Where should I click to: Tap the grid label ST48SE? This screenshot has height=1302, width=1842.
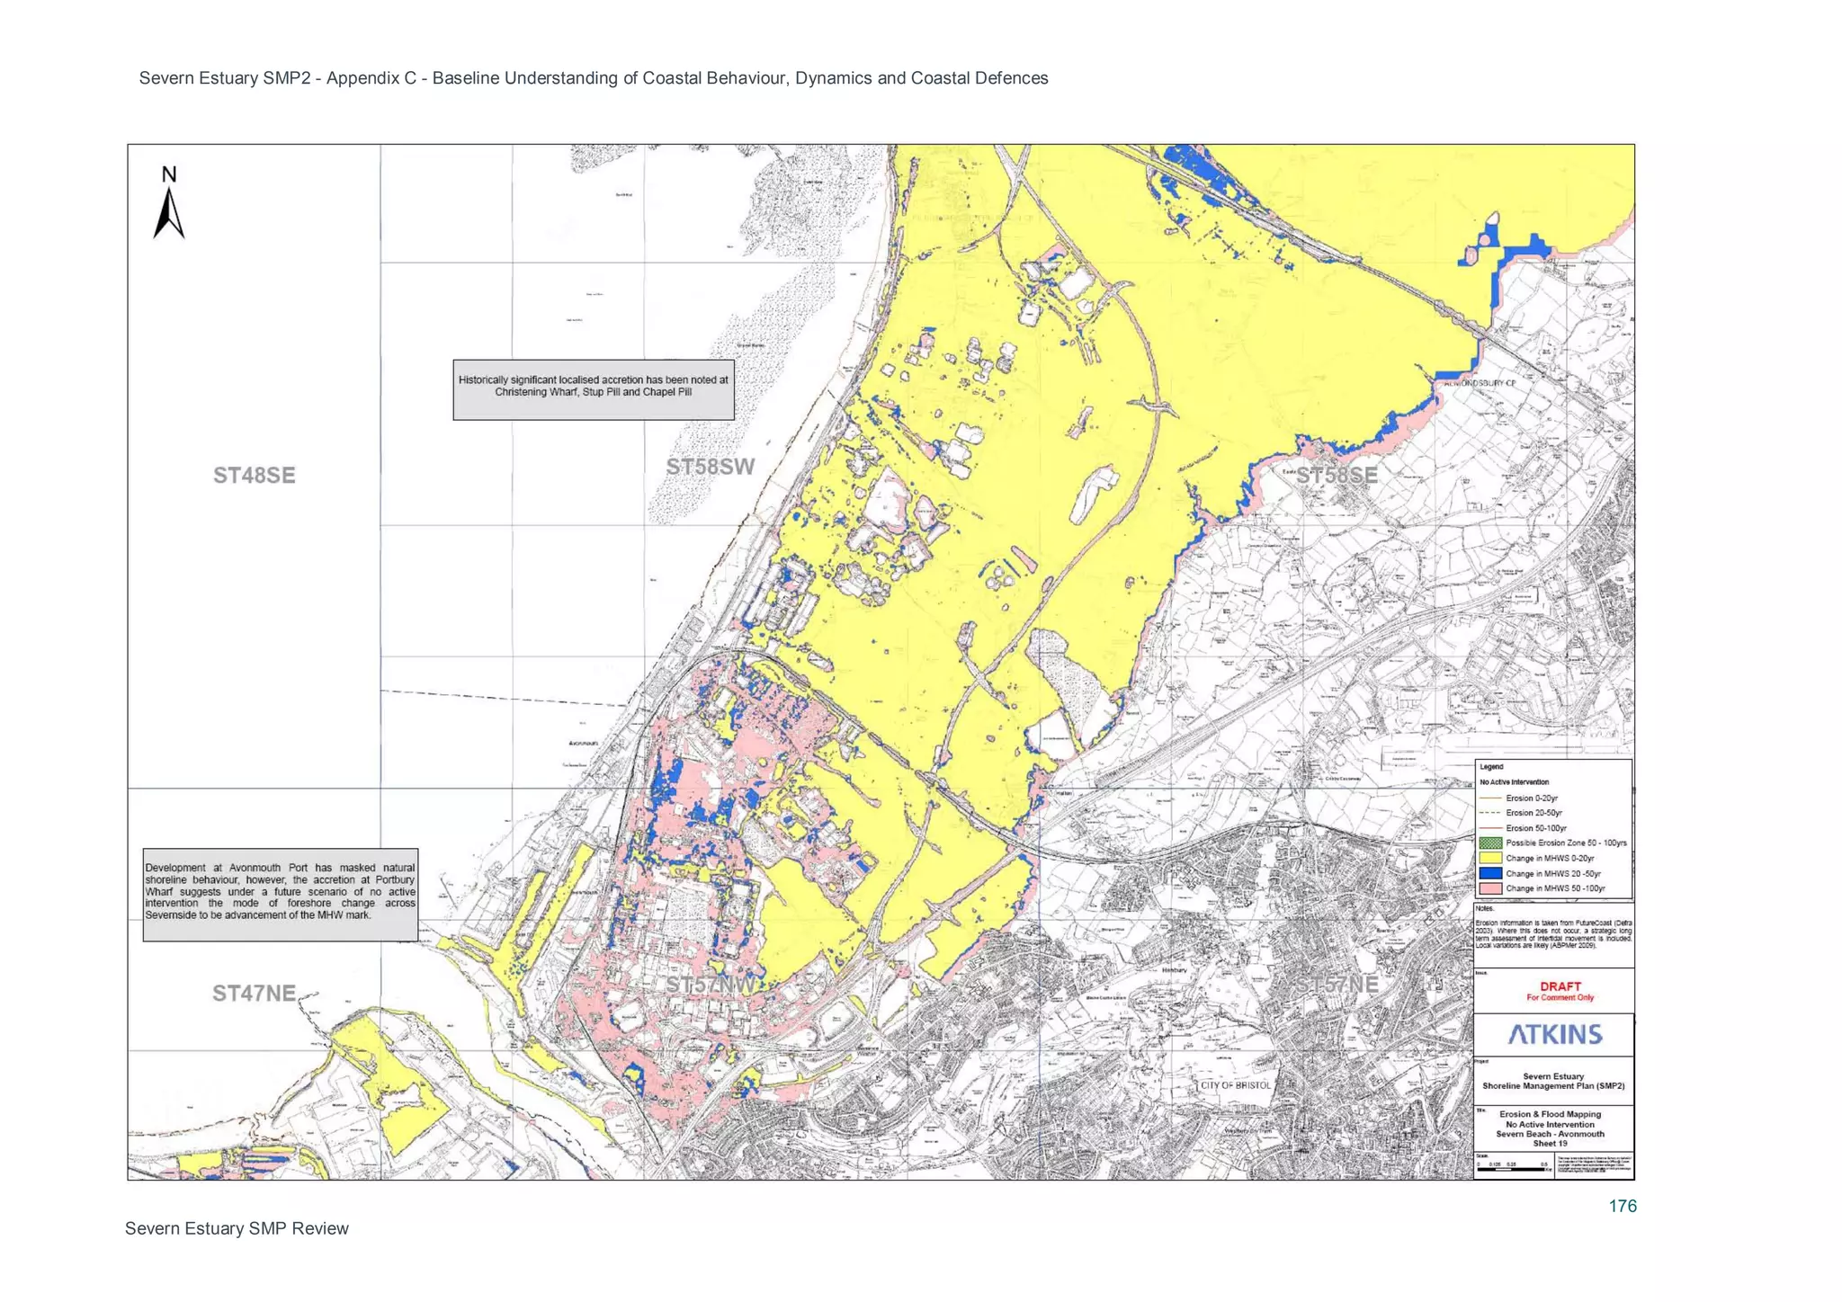coord(254,476)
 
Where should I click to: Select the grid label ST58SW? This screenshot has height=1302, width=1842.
coord(710,467)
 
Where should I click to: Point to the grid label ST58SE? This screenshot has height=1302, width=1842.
coord(1337,476)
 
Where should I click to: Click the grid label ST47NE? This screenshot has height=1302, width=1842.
coord(254,993)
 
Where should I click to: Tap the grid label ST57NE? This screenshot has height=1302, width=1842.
coord(1337,985)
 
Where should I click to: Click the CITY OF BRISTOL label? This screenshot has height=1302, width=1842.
coord(1236,1085)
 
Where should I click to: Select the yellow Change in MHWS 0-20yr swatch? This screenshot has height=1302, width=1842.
coord(1490,859)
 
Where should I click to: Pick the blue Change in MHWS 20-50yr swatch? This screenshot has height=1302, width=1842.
coord(1490,873)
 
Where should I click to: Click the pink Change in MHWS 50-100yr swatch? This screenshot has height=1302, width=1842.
coord(1490,888)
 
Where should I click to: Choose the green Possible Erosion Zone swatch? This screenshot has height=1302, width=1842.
coord(1490,843)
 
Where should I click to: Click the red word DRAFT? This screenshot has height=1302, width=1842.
coord(1560,986)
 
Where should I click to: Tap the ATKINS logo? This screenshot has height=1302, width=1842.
coord(1555,1034)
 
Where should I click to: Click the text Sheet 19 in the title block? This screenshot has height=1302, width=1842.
coord(1550,1144)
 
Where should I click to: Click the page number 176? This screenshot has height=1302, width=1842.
coord(1623,1206)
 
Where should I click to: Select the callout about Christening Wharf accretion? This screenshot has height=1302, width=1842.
coord(593,390)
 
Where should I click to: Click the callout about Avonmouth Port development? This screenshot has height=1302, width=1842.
coord(280,895)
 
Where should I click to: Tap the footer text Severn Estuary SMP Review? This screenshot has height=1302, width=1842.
coord(237,1228)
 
